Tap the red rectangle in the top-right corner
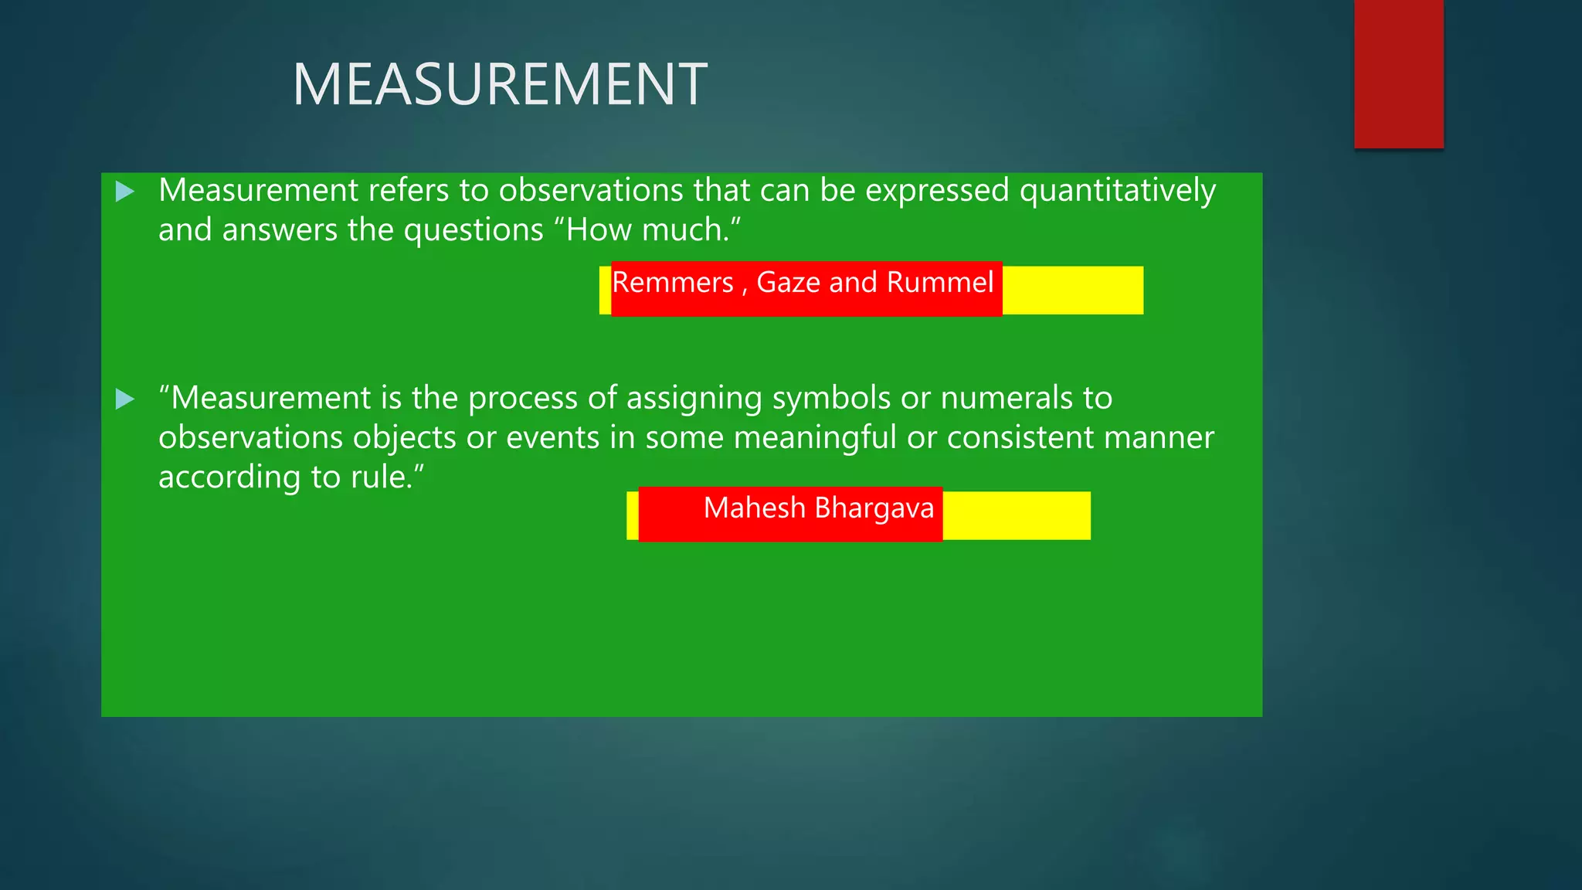(1398, 73)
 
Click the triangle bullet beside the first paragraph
(124, 192)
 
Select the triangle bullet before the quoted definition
(124, 399)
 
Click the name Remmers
(672, 283)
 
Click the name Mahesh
(754, 508)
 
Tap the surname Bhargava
(874, 508)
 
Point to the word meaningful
(814, 437)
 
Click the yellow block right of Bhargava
(1016, 515)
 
